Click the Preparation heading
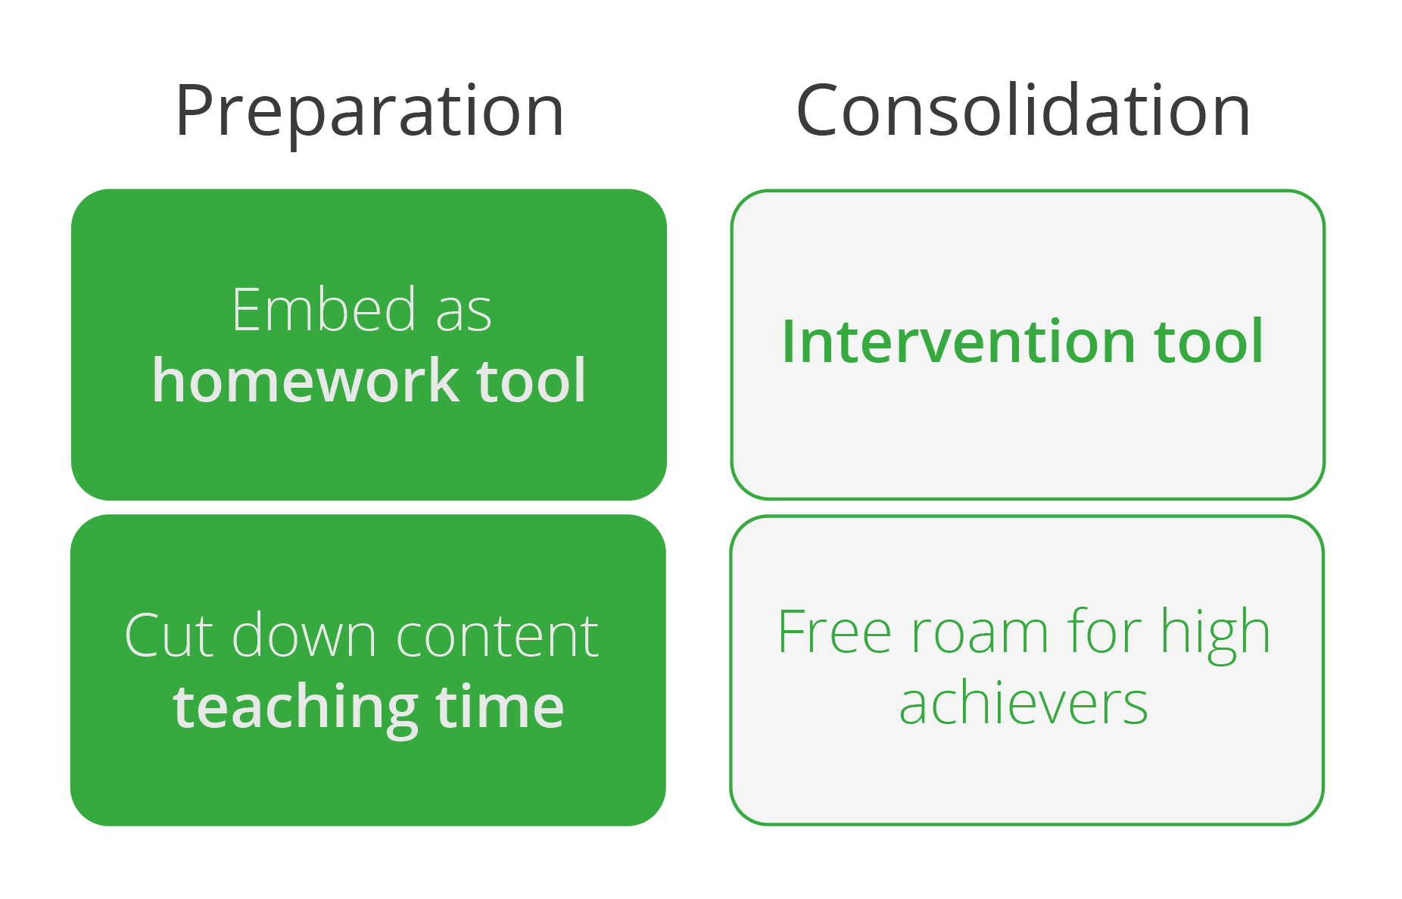point(369,112)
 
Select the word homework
point(305,379)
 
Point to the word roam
point(979,635)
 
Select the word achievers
point(1023,703)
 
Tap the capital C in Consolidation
point(819,111)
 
